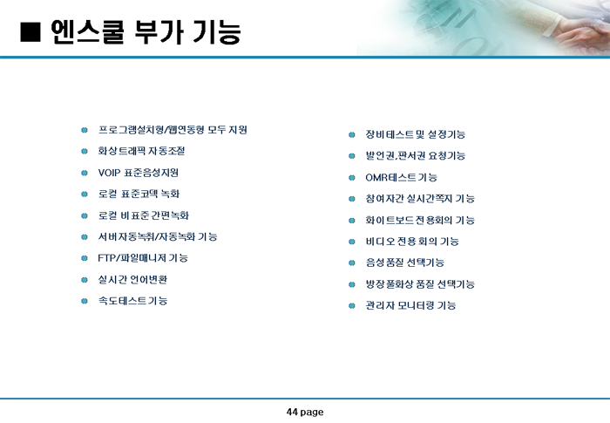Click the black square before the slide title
point(30,32)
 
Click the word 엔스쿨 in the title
point(87,31)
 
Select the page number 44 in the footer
point(292,412)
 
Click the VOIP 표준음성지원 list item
point(138,173)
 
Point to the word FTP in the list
point(106,258)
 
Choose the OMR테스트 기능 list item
point(401,177)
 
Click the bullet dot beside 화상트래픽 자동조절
point(85,151)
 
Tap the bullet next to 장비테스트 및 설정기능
point(352,135)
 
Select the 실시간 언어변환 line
point(132,279)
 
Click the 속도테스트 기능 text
point(132,301)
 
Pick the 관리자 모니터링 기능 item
point(410,305)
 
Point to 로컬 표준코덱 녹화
point(139,194)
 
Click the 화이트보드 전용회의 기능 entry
point(420,220)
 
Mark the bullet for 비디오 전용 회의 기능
point(352,242)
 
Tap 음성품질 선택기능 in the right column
point(404,263)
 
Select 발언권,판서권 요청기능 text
point(416,155)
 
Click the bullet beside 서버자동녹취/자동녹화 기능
point(85,237)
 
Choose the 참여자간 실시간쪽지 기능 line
point(420,199)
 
